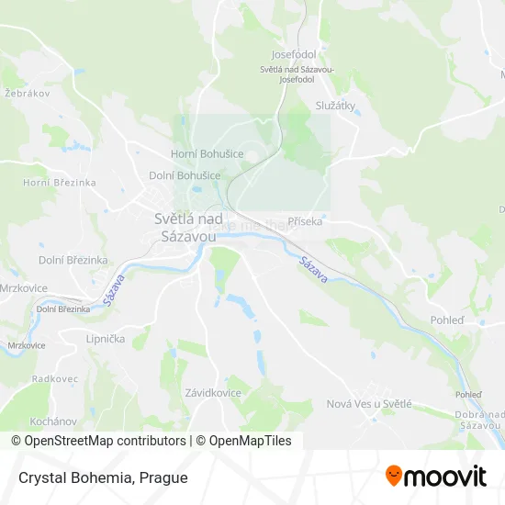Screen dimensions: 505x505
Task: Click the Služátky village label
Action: point(334,106)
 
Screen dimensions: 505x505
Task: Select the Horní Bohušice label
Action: point(208,153)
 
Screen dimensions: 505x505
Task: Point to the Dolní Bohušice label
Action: point(185,174)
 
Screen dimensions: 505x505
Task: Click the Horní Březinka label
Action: point(60,183)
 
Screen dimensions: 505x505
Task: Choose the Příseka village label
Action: point(305,221)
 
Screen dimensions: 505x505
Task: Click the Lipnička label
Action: point(105,339)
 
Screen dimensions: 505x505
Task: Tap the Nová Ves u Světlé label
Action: point(369,403)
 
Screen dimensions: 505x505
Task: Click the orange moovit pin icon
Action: point(394,476)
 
